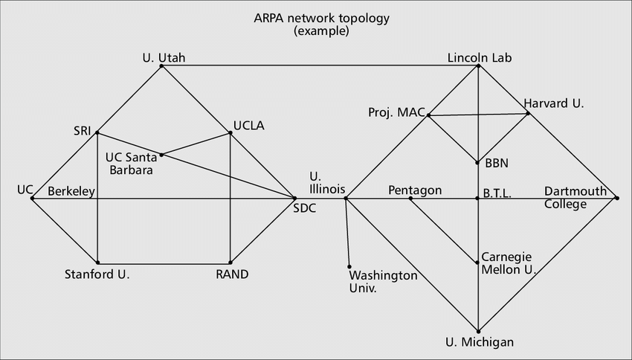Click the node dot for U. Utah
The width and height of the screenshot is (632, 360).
tap(161, 65)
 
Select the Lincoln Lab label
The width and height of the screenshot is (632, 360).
tap(480, 58)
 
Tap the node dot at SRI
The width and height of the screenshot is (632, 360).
tap(97, 132)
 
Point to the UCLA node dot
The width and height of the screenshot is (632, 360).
tap(230, 132)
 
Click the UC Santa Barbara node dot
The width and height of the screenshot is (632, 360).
tap(161, 155)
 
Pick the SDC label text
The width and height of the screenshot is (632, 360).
tap(305, 208)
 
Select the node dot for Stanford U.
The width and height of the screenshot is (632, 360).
tap(97, 263)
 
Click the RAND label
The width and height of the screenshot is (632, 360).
tap(232, 274)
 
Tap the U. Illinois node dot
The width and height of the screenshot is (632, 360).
tap(346, 199)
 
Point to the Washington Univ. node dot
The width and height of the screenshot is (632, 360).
tap(349, 267)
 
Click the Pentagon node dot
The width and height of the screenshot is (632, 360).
tap(410, 199)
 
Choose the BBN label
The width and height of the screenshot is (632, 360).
tap(497, 164)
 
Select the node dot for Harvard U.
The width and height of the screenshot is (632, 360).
tap(528, 114)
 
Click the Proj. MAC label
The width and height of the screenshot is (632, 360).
tap(396, 112)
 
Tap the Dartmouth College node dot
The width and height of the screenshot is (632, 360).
tap(616, 198)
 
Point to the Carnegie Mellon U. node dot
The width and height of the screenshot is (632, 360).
tap(477, 263)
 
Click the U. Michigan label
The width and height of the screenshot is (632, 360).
tap(480, 342)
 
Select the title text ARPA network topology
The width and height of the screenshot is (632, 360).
tap(322, 19)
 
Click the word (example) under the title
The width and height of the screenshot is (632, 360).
tap(322, 31)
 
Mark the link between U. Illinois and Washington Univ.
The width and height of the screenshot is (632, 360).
tap(347, 233)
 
